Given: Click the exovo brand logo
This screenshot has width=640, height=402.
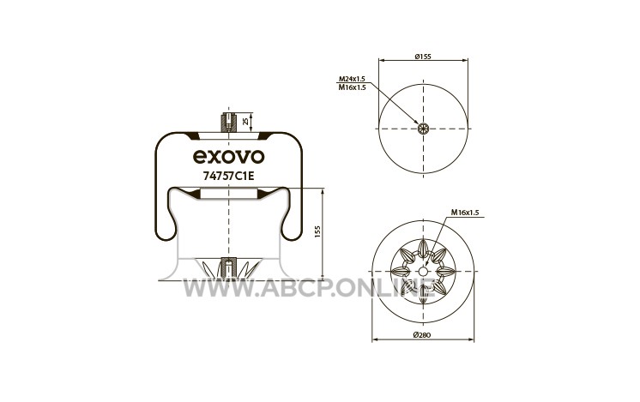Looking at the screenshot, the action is pyautogui.click(x=228, y=157).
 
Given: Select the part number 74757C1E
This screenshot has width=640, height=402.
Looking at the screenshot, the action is pyautogui.click(x=228, y=176).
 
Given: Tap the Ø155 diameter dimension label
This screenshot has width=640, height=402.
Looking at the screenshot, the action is pyautogui.click(x=423, y=57).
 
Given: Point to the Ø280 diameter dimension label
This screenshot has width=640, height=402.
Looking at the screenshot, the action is pyautogui.click(x=422, y=335).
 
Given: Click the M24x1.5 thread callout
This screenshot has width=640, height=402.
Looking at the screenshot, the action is pyautogui.click(x=352, y=79).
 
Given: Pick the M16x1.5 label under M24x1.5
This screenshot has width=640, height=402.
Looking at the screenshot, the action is pyautogui.click(x=352, y=87).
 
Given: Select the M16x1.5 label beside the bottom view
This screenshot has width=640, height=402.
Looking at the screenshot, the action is pyautogui.click(x=464, y=213).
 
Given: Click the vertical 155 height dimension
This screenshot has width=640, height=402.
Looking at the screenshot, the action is pyautogui.click(x=318, y=232).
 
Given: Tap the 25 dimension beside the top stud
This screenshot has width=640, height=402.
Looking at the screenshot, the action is pyautogui.click(x=245, y=121).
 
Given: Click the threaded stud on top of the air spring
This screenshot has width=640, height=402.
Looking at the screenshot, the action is pyautogui.click(x=228, y=122).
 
